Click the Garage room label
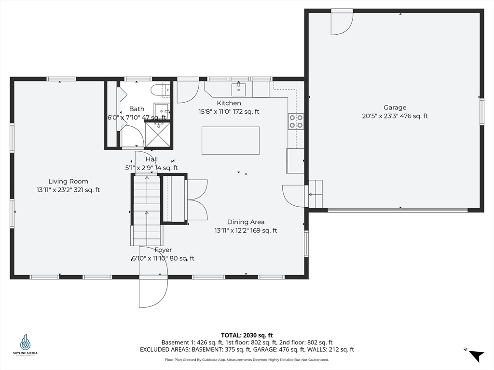395,107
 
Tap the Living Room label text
68,181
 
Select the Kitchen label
229,103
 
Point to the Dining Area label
246,222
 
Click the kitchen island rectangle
231,141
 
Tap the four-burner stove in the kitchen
296,121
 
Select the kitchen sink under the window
238,89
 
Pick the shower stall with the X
158,134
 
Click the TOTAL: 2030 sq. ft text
247,335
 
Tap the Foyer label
163,250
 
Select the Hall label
151,159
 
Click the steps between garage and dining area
315,194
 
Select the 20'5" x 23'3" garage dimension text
395,116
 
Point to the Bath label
137,109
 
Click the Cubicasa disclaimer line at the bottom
247,359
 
